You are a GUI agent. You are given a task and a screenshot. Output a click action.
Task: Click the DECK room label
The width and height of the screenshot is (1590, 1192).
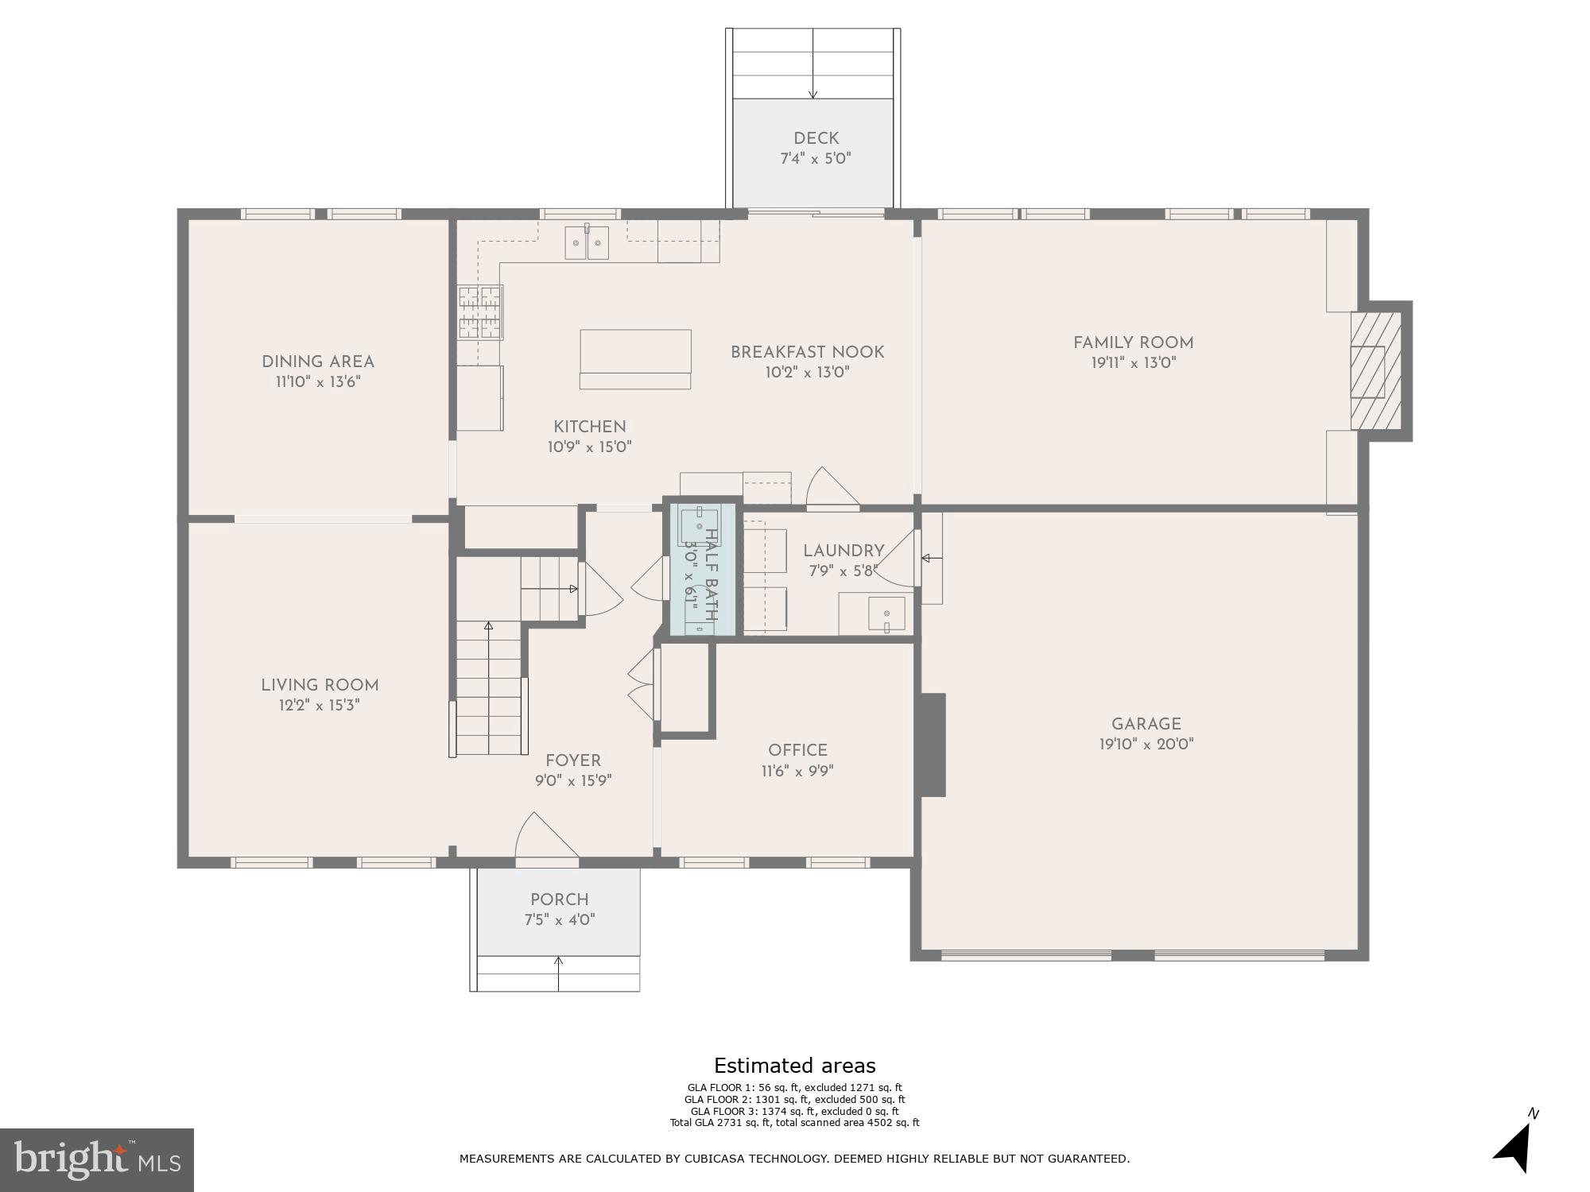(816, 138)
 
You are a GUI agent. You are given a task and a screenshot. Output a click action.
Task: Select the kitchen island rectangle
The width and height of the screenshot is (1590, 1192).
(635, 351)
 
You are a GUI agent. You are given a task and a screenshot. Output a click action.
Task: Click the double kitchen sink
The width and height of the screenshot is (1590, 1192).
(587, 243)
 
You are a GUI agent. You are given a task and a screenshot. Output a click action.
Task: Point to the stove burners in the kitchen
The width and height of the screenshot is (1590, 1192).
(481, 313)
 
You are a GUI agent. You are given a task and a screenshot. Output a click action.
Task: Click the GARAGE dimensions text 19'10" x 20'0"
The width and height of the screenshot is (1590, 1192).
(1146, 745)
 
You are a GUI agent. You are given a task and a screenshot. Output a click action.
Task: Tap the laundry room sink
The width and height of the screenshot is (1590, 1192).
(886, 613)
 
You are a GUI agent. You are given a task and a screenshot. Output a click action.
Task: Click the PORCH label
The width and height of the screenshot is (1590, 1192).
(560, 900)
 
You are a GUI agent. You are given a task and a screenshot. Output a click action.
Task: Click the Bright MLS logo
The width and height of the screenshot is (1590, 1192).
(97, 1160)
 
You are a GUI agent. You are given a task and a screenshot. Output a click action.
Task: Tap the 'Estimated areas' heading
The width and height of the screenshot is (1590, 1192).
(794, 1066)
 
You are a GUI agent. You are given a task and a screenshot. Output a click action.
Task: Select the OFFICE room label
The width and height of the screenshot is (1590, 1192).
(797, 750)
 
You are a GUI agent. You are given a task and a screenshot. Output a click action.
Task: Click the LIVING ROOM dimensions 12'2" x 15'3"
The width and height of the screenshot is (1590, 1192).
(320, 705)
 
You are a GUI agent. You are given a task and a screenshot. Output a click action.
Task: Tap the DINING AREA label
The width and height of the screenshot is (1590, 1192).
(318, 362)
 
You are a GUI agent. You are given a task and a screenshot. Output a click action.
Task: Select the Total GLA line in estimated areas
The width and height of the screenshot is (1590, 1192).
(794, 1123)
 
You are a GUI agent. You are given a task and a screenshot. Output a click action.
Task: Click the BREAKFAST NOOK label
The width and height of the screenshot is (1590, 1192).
(807, 352)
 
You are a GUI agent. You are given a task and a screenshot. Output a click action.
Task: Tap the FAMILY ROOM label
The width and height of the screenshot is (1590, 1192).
(1133, 343)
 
